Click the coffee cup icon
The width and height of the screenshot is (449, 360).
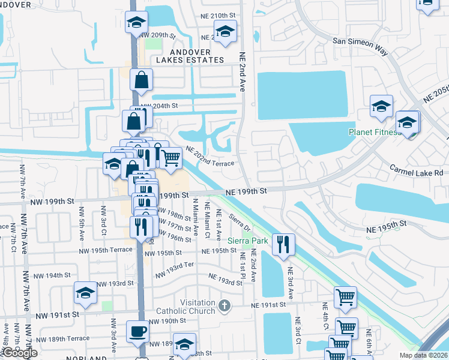coord(137,332)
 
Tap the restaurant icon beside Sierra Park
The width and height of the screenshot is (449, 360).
coord(283,244)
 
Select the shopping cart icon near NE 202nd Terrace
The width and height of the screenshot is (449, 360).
coord(171,157)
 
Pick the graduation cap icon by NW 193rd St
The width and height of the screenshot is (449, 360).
coord(85,292)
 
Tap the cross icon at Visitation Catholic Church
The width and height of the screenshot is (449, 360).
coord(224,306)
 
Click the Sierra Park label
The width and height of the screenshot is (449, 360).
coord(251,241)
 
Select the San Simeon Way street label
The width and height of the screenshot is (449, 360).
coord(360,44)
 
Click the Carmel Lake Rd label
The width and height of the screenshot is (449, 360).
coord(417,172)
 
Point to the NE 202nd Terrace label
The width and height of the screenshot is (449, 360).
coord(209,156)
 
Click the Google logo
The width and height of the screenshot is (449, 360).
coord(20,353)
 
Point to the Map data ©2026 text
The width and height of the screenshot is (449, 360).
coord(423,355)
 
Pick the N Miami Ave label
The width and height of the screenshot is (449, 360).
coord(195,219)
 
